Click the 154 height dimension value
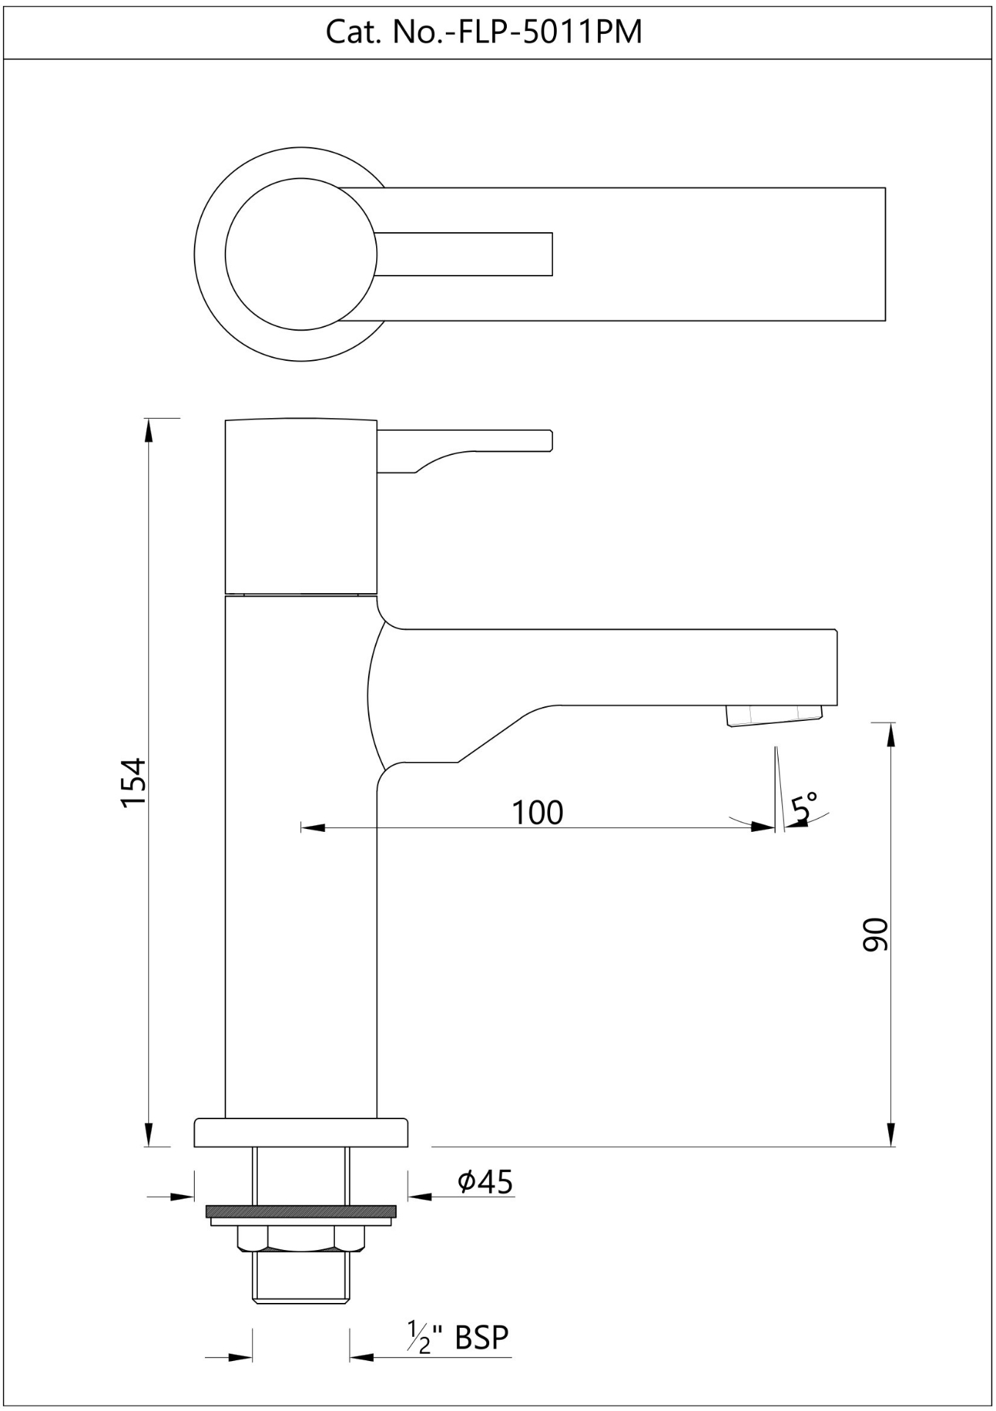tap(134, 783)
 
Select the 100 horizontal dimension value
tap(537, 812)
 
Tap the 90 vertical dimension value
tap(875, 934)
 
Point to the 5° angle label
tap(804, 807)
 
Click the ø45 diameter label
tap(485, 1182)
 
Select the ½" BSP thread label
tap(458, 1337)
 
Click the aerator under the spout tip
tap(773, 715)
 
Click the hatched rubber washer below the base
tap(301, 1211)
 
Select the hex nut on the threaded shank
tap(301, 1238)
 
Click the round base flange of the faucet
tap(300, 1132)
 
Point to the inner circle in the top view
tap(301, 254)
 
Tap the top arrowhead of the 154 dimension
tap(148, 430)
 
